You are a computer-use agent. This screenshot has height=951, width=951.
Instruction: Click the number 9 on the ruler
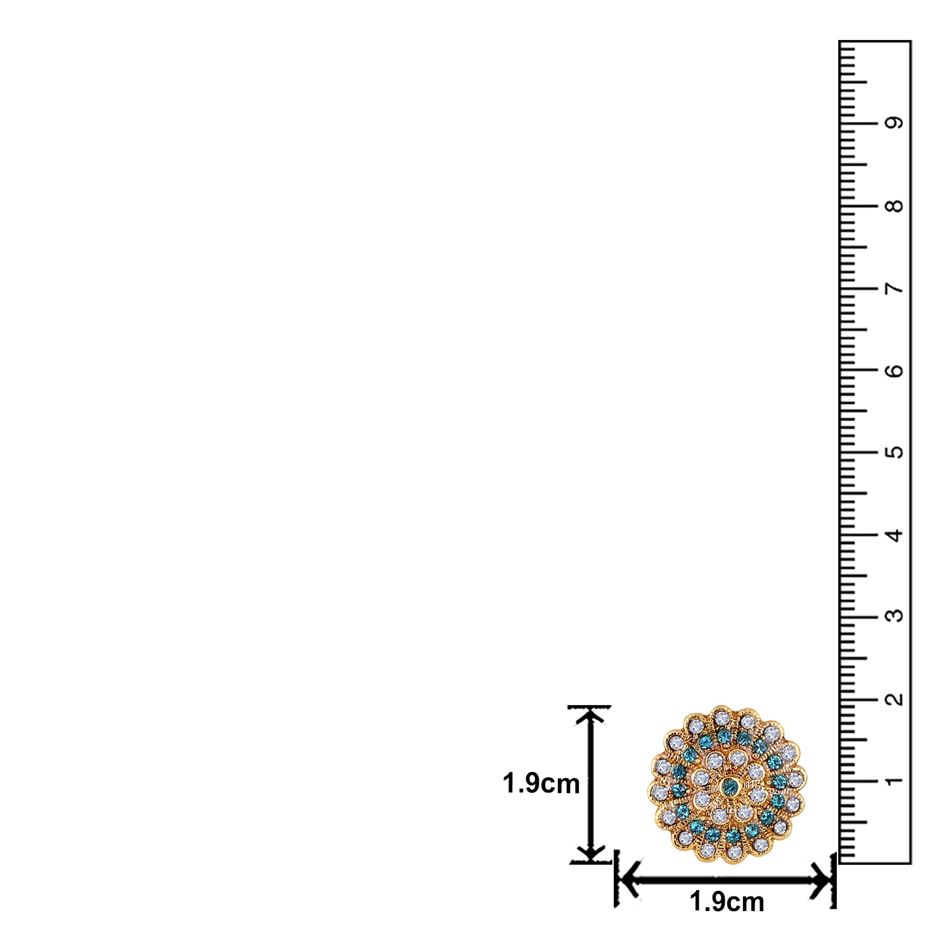click(895, 123)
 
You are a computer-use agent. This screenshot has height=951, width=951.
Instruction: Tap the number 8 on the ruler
click(895, 206)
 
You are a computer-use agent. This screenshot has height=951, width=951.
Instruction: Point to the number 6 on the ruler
click(895, 370)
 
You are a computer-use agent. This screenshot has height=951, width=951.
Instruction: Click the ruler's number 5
click(895, 453)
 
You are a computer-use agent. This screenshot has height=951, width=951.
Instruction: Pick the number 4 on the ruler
click(895, 535)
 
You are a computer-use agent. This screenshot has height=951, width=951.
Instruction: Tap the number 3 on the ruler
click(895, 616)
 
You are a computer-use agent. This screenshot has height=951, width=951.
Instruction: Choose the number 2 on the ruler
click(895, 699)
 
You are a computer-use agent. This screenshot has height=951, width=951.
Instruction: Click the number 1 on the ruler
click(895, 780)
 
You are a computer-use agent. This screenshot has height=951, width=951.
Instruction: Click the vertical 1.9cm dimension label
click(541, 784)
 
